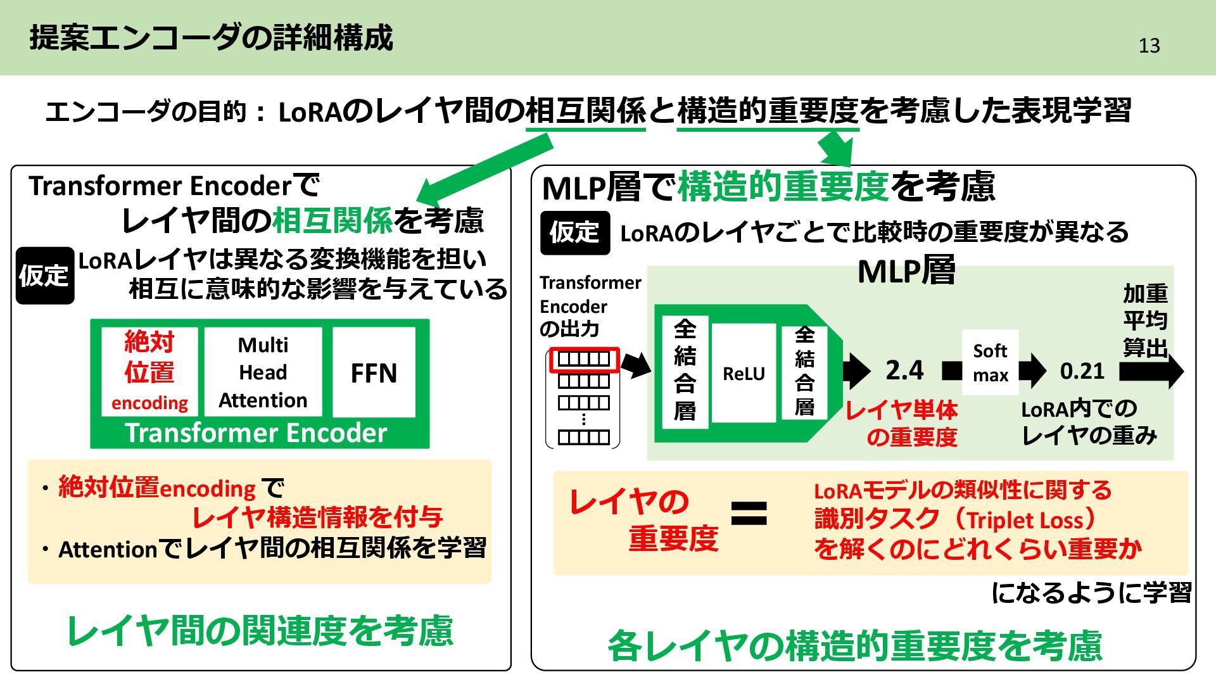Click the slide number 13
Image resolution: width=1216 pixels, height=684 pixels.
point(1149,46)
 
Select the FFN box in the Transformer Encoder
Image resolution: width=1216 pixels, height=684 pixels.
point(374,372)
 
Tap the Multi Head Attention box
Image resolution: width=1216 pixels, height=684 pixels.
point(263,372)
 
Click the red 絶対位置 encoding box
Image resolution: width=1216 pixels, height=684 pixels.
point(149,372)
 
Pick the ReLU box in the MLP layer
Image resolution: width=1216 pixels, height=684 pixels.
point(744,374)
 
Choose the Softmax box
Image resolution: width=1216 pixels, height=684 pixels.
point(990,362)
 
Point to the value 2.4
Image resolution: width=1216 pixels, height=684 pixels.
point(904,370)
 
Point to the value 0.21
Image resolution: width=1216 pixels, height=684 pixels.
point(1082,370)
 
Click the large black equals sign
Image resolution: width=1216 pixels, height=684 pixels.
point(749,514)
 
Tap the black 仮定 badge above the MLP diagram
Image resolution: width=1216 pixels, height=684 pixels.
point(574,232)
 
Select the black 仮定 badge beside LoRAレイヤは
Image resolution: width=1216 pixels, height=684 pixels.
point(44,275)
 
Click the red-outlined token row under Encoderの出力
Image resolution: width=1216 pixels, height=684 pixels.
point(583,359)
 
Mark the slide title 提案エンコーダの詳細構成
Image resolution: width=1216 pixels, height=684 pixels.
point(212,38)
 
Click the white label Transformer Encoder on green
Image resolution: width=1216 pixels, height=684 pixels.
point(256,433)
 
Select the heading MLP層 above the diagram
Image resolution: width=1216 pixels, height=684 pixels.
point(906,271)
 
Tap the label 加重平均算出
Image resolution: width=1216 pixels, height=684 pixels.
point(1145,320)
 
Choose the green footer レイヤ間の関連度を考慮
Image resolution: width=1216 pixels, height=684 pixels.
point(260,631)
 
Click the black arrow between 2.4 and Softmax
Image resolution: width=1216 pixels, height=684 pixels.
point(951,370)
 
